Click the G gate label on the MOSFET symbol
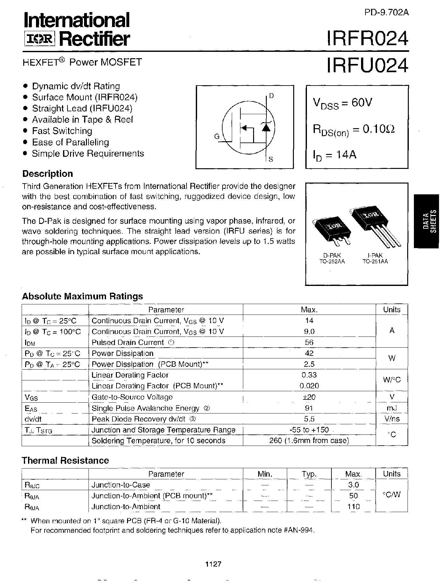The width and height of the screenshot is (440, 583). point(217,136)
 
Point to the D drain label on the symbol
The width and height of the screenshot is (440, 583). point(271,95)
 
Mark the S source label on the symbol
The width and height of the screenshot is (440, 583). point(271,159)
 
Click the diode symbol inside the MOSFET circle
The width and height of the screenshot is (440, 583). point(266,127)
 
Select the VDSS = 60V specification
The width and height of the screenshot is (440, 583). point(343,103)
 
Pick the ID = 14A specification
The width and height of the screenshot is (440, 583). point(335,155)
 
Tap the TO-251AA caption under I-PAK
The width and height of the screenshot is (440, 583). point(375,261)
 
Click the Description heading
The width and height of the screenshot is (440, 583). point(47,174)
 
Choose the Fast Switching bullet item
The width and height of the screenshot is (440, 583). point(62,131)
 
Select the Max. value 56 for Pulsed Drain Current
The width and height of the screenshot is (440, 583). point(309,342)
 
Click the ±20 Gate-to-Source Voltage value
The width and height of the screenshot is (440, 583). point(309,397)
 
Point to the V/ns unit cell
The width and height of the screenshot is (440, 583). point(392,419)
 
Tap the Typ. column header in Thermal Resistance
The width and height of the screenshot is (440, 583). point(309,474)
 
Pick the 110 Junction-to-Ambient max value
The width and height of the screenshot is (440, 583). point(353,507)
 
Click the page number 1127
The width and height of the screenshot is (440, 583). point(213,564)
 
